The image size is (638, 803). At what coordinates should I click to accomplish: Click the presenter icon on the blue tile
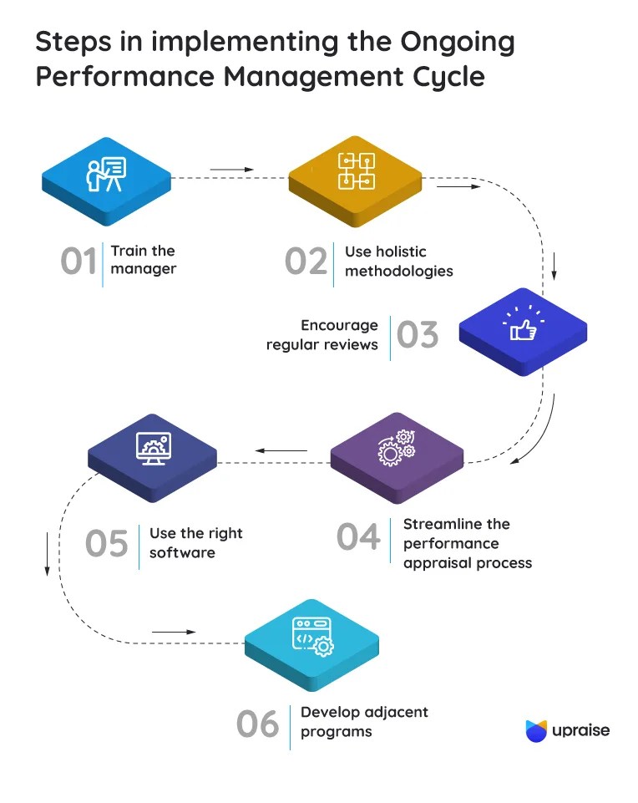pos(106,174)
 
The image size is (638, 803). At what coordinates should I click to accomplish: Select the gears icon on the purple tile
pos(396,448)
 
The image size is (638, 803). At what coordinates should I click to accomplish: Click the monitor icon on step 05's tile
pos(152,449)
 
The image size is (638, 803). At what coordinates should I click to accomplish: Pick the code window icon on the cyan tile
pos(311,636)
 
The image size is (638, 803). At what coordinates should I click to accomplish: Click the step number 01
pos(78,262)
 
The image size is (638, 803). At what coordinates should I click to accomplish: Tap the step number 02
pos(306,262)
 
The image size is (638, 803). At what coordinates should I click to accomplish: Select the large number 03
pos(418,335)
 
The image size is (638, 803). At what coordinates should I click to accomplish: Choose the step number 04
pos(359,536)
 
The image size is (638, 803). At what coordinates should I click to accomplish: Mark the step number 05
pos(107,544)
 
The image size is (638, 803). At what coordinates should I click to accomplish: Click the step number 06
pos(257,724)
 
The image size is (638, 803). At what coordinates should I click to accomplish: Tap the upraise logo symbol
pos(535,730)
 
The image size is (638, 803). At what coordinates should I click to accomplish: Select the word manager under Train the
pos(144,269)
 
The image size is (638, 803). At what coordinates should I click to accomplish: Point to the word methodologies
pos(399,271)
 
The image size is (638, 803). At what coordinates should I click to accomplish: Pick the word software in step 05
pos(182,552)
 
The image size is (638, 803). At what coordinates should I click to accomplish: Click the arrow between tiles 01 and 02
pos(231,170)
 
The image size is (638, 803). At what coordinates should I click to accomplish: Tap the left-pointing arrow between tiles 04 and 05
pos(281,451)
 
